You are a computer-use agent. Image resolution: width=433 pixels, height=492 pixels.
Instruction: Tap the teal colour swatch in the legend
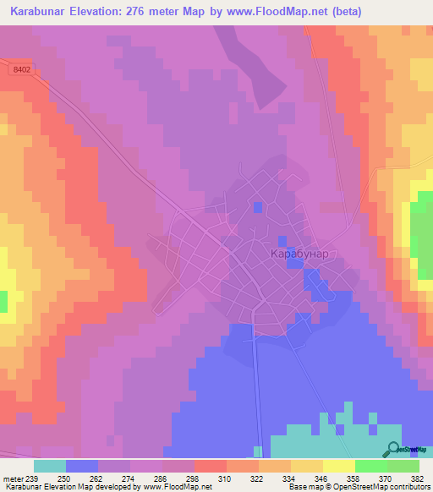point(50,466)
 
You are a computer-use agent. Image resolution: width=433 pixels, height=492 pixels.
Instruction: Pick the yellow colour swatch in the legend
point(339,466)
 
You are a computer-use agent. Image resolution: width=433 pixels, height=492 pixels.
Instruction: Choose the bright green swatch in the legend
point(371,466)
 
